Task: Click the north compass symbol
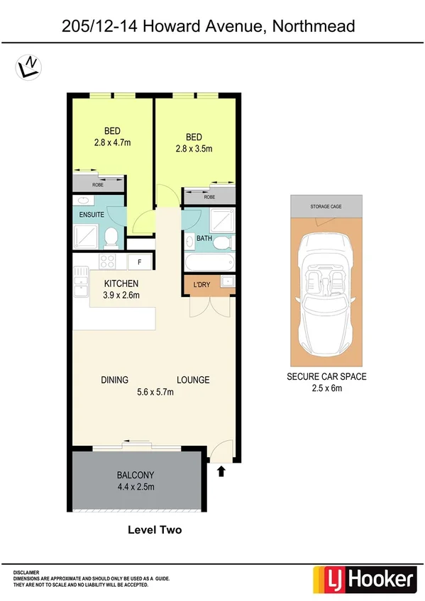click(x=28, y=67)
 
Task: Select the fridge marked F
click(x=140, y=262)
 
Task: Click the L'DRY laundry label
click(x=202, y=284)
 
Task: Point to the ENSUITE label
click(x=92, y=214)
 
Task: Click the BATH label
click(x=204, y=239)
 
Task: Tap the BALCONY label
click(x=136, y=475)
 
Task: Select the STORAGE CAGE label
click(x=326, y=206)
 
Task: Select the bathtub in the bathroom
click(x=209, y=262)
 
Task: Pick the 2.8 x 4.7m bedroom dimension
click(x=112, y=142)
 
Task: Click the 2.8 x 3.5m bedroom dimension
click(x=194, y=149)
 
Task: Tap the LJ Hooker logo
click(x=364, y=580)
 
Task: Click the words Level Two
click(x=155, y=529)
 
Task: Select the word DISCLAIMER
click(x=26, y=571)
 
